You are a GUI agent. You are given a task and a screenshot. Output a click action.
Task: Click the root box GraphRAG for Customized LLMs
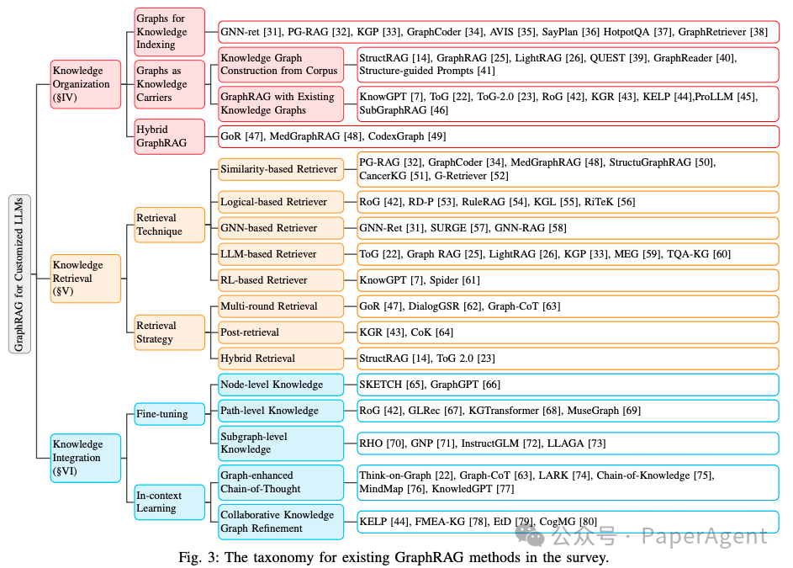tap(19, 273)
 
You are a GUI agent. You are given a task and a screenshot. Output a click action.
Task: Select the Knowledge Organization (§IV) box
tap(86, 84)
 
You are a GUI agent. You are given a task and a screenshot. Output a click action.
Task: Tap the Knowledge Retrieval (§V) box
tap(86, 279)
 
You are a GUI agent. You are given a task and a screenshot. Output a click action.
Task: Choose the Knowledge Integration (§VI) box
tap(86, 458)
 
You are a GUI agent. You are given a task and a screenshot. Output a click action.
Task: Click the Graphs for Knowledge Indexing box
tap(169, 32)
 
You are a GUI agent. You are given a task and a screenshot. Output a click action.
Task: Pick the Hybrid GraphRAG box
tap(169, 136)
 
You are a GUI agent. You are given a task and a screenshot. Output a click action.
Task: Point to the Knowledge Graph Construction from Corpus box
tap(281, 65)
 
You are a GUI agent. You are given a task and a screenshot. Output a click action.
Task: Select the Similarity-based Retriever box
tap(281, 169)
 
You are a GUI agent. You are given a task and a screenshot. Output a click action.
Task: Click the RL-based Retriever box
tap(281, 280)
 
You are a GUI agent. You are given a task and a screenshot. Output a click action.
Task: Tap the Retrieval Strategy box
tap(169, 332)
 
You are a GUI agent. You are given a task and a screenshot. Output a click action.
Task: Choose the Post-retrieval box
tap(281, 332)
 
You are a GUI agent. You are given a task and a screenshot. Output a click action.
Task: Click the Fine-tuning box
tap(169, 414)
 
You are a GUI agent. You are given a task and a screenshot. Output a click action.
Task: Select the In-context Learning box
tap(169, 502)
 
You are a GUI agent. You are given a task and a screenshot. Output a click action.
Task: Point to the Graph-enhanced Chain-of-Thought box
tap(281, 482)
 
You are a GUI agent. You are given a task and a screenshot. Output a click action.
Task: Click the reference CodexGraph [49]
tap(407, 136)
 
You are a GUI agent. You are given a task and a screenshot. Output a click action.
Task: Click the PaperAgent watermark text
tap(704, 536)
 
